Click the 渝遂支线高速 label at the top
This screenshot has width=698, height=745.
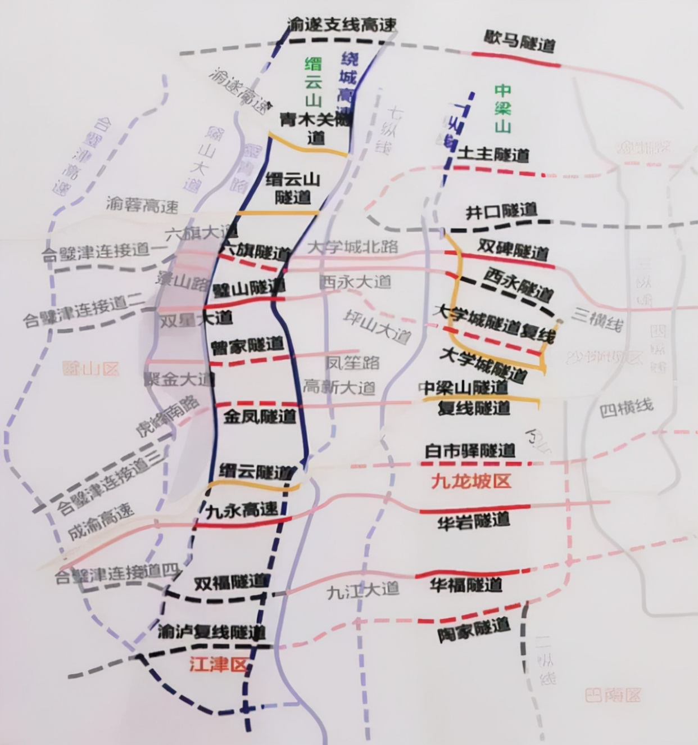click(x=341, y=24)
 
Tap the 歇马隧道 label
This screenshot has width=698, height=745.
click(x=520, y=41)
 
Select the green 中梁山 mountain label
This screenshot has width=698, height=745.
click(x=502, y=108)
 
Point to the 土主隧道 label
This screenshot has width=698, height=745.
click(x=493, y=154)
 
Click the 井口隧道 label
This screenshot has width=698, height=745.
click(x=501, y=211)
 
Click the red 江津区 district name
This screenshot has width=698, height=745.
click(x=218, y=665)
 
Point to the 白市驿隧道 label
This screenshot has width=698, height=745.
click(x=470, y=450)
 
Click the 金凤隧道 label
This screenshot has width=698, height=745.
click(x=260, y=417)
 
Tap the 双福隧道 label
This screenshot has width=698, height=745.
click(x=230, y=583)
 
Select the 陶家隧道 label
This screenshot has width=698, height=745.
click(x=474, y=630)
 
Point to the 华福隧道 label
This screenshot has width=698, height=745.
click(x=466, y=585)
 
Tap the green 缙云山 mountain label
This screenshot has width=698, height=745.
click(x=312, y=82)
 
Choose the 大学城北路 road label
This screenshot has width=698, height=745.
click(x=353, y=246)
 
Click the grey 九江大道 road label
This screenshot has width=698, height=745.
click(x=362, y=590)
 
